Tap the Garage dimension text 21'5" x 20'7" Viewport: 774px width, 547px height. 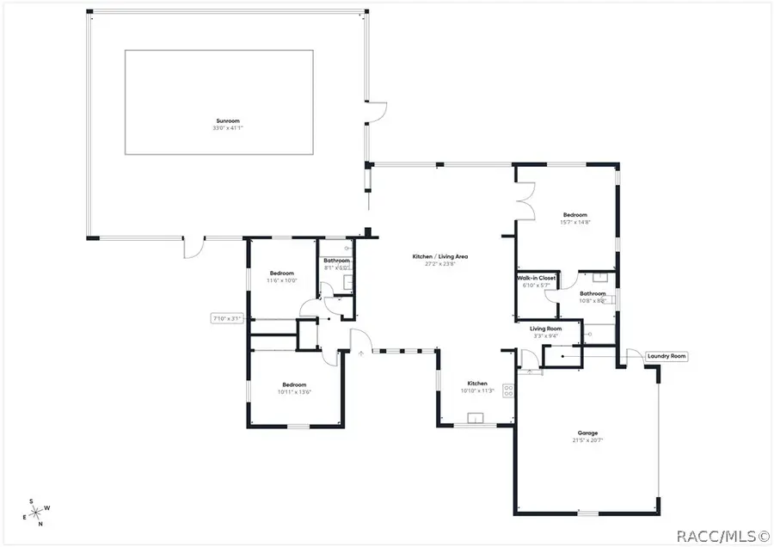pos(587,440)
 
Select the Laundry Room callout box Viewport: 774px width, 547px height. pos(666,356)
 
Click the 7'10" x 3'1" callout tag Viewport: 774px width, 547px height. pos(229,318)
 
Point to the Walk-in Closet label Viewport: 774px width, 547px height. pos(536,279)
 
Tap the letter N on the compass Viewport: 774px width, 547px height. pos(40,523)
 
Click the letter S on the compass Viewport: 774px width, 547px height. pos(32,501)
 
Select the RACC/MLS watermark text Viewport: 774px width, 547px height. pos(721,537)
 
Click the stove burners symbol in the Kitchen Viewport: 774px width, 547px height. pos(508,390)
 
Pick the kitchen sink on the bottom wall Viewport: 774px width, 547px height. pos(476,419)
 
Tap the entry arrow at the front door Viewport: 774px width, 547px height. pos(361,352)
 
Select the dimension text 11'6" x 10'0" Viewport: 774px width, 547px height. pos(281,280)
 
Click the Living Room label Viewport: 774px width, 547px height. pos(545,329)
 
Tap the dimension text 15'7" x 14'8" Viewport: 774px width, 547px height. pos(575,223)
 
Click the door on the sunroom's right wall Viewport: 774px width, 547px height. pos(376,112)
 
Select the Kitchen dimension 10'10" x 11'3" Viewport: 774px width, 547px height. pos(477,390)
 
